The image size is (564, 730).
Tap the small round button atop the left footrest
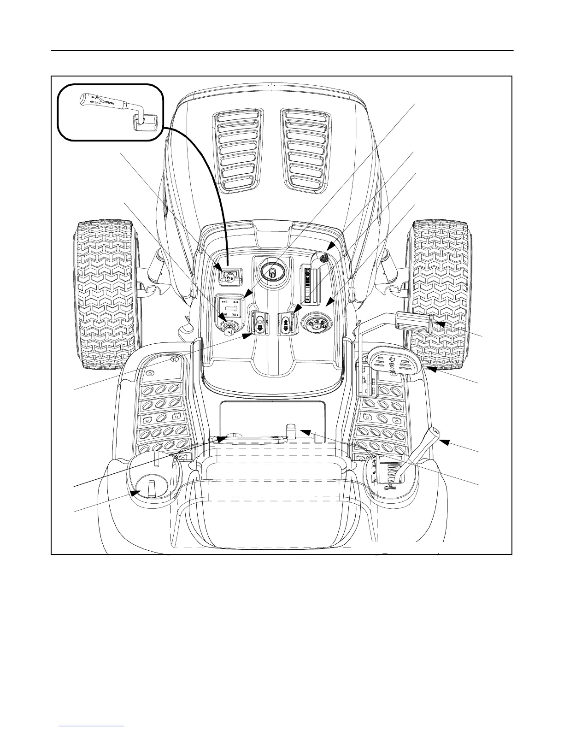coord(174,359)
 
